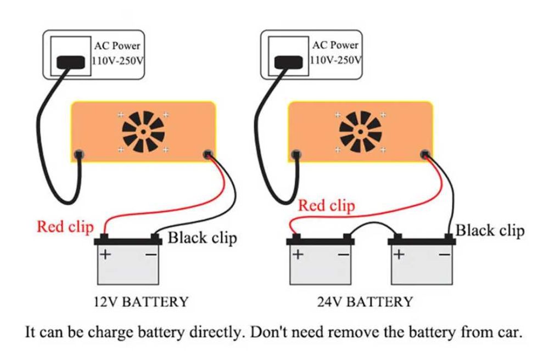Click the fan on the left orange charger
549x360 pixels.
142,132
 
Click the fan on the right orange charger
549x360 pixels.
360,132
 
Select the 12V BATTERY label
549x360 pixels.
141,301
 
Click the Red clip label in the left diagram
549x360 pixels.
65,226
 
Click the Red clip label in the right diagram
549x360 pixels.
326,206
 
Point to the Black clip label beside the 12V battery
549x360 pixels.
202,238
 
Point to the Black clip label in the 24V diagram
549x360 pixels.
490,230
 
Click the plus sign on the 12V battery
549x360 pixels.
105,255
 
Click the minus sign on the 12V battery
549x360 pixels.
152,255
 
